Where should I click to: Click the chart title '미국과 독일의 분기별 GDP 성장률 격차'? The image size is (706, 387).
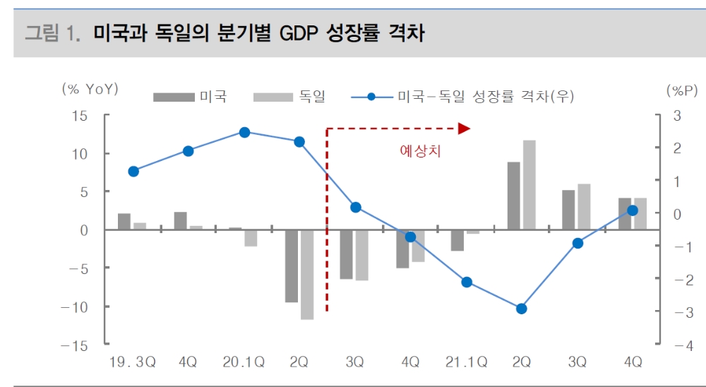point(258,33)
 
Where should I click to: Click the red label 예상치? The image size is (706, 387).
point(420,151)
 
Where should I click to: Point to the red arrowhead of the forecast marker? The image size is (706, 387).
point(464,129)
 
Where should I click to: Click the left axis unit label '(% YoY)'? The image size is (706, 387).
point(90,89)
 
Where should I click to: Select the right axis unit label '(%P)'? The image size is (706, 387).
point(681,90)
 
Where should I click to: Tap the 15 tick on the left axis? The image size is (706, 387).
point(79,116)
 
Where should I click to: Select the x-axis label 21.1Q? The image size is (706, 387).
point(465,362)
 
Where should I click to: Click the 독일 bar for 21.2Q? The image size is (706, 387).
point(529,185)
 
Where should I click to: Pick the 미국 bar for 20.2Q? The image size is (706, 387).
point(292,266)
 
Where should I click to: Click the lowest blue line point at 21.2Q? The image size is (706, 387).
point(522,309)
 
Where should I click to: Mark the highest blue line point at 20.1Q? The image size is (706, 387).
point(244,132)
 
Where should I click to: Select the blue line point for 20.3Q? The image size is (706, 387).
point(355,208)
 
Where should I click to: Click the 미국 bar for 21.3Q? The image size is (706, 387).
point(568,210)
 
